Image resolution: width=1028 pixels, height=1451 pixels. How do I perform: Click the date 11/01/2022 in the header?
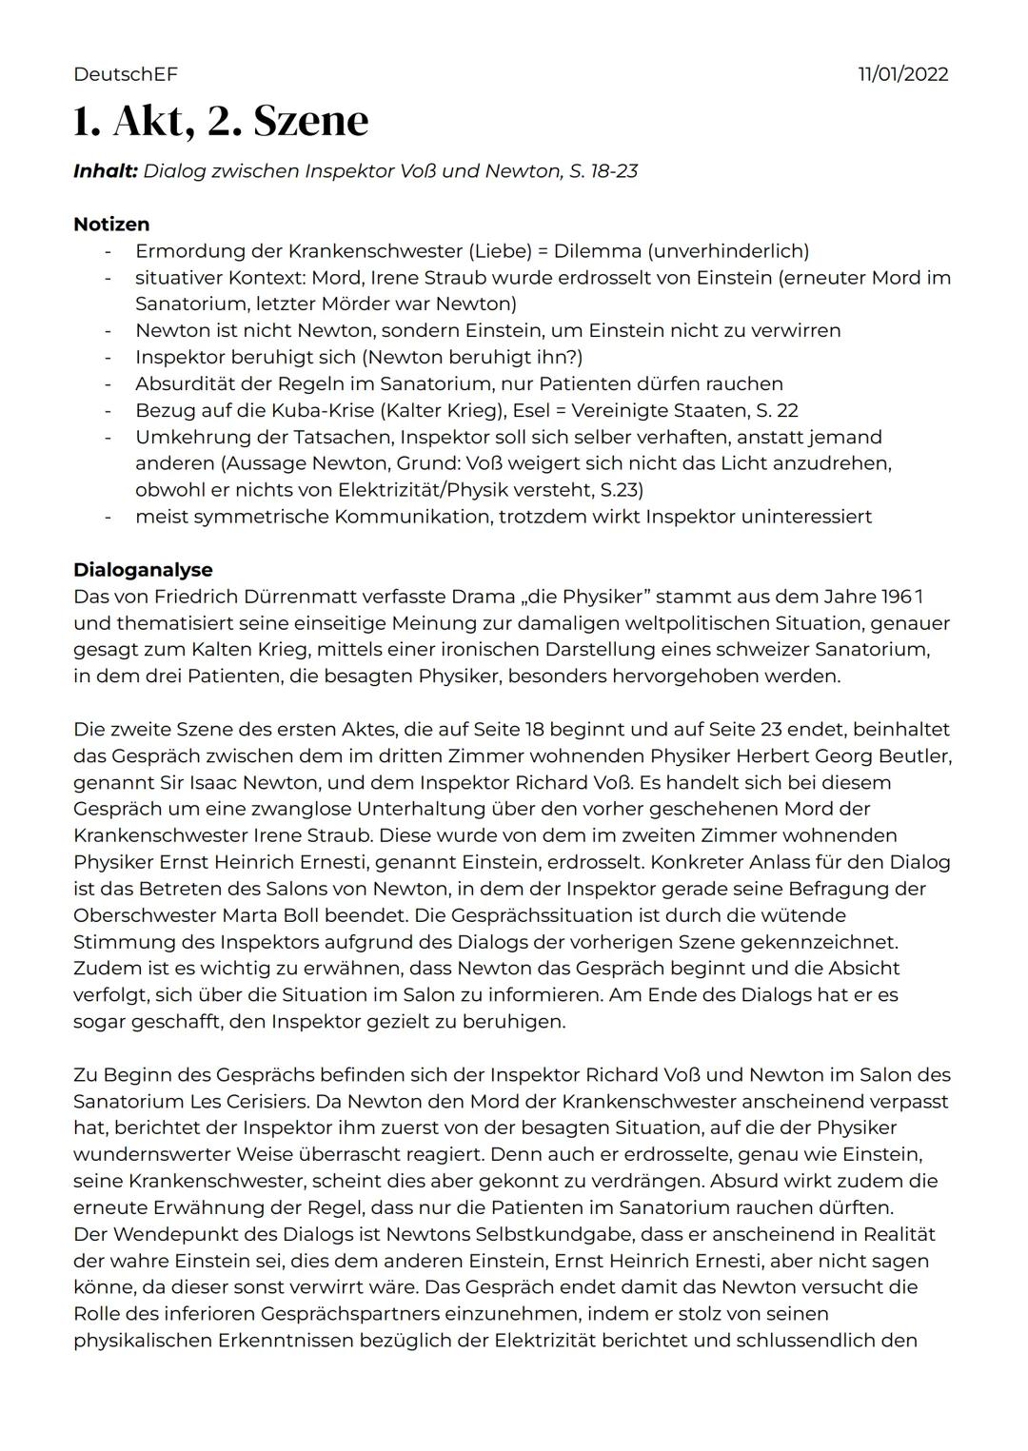(902, 74)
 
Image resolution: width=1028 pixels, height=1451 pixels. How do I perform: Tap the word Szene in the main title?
(310, 121)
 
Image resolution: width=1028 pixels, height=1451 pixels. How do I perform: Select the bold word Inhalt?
(105, 171)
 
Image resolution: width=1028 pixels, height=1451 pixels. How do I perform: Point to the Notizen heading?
(111, 225)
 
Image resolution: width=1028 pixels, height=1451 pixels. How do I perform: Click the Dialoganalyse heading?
(143, 570)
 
